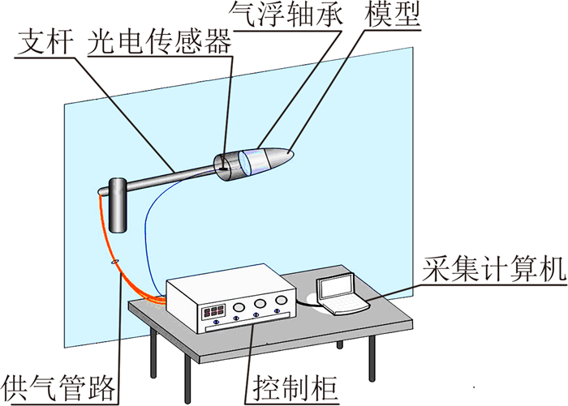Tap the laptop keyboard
(346, 304)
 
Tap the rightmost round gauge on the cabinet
(281, 302)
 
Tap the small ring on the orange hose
(114, 261)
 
